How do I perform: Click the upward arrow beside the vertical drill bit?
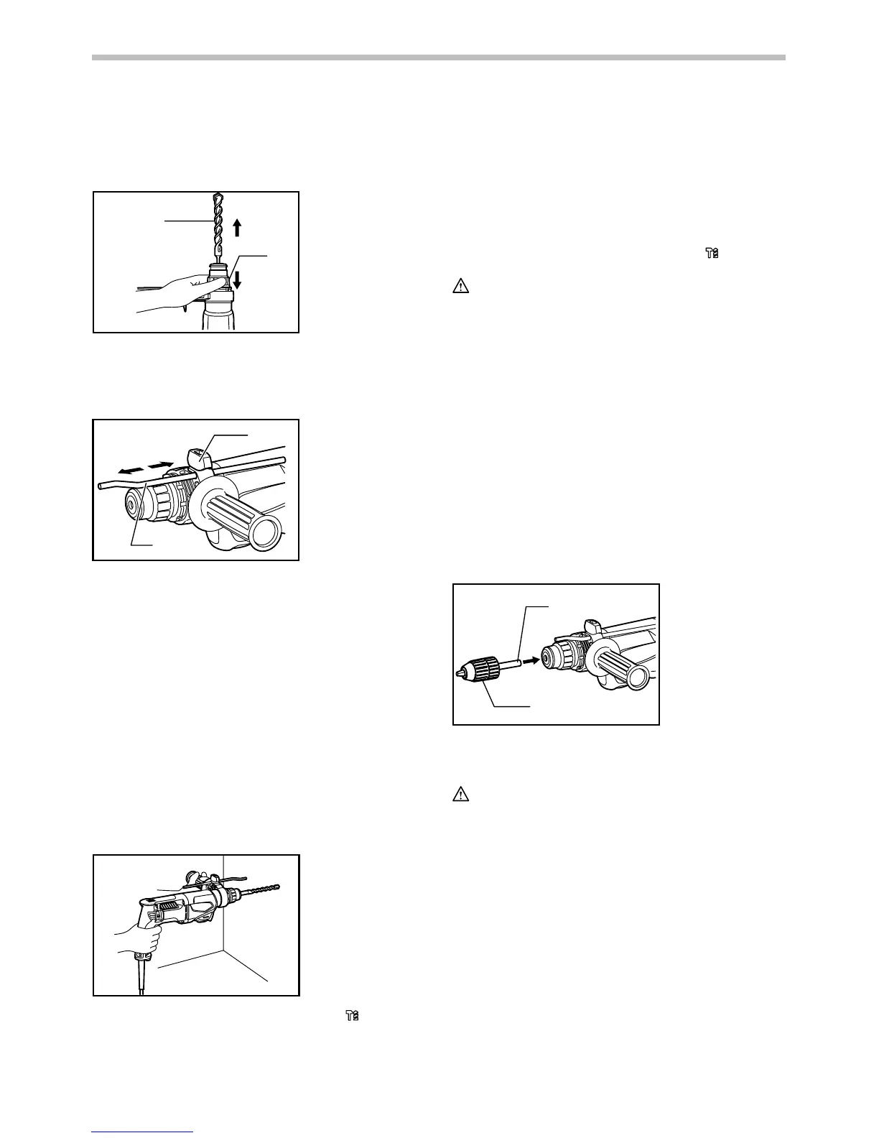238,229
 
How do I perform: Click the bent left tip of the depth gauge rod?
101,486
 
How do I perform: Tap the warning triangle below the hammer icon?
460,287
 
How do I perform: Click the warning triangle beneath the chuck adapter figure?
460,795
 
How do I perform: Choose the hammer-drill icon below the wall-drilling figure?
352,1016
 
